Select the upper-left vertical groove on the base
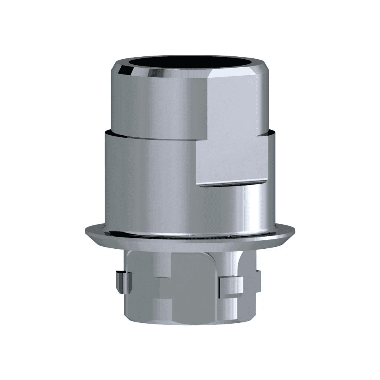163,266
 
